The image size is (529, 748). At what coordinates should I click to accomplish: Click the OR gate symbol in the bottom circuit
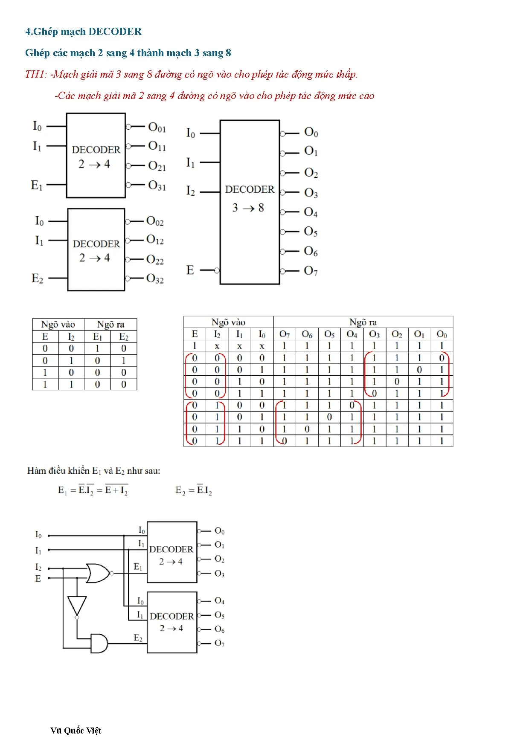pyautogui.click(x=98, y=573)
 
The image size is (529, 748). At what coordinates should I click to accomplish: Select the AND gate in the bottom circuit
pyautogui.click(x=99, y=643)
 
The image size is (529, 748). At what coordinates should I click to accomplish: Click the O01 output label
pyautogui.click(x=157, y=127)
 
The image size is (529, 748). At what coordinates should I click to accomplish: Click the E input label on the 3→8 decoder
pyautogui.click(x=190, y=270)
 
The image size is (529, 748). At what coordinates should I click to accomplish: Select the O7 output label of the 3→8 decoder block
pyautogui.click(x=311, y=271)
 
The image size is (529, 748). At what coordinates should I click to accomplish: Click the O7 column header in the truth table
pyautogui.click(x=284, y=334)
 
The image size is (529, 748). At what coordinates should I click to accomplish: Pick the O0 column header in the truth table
pyautogui.click(x=442, y=334)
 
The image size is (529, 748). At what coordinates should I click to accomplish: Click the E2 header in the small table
pyautogui.click(x=124, y=337)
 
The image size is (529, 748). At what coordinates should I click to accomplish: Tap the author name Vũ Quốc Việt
pyautogui.click(x=76, y=731)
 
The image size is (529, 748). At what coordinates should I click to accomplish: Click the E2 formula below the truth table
pyautogui.click(x=194, y=490)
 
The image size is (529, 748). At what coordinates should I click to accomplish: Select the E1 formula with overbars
pyautogui.click(x=93, y=490)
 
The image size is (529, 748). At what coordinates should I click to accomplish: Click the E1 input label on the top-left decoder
pyautogui.click(x=37, y=185)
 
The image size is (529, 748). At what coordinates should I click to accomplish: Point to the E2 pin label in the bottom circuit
pyautogui.click(x=138, y=638)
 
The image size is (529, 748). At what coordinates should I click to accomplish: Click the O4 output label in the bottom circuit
pyautogui.click(x=219, y=601)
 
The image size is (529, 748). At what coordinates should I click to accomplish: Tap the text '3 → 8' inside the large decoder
pyautogui.click(x=248, y=208)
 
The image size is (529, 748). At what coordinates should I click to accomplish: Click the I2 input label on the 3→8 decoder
pyautogui.click(x=190, y=191)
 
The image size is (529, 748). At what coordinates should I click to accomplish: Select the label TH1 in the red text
pyautogui.click(x=36, y=74)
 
